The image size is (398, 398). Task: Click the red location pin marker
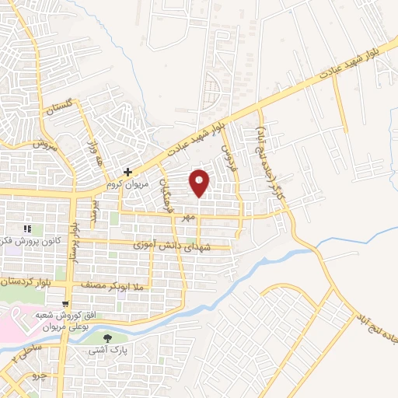pyautogui.click(x=201, y=182)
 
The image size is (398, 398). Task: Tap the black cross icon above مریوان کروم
pyautogui.click(x=128, y=172)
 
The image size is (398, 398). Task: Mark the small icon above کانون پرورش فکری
pyautogui.click(x=27, y=229)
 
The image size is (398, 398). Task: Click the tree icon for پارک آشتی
pyautogui.click(x=107, y=338)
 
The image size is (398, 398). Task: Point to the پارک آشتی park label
pyautogui.click(x=110, y=352)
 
